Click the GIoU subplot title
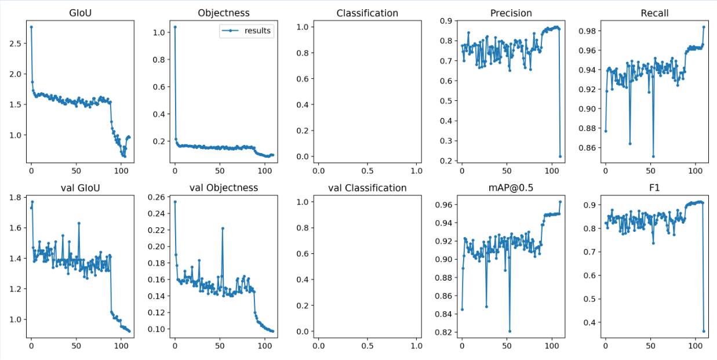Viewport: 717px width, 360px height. click(x=80, y=13)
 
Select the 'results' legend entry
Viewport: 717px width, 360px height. click(x=257, y=31)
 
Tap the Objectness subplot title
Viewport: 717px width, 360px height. click(x=224, y=13)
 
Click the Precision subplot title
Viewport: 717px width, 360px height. click(x=511, y=13)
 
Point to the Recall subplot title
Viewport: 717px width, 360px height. click(x=654, y=13)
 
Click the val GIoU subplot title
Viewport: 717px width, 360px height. click(x=80, y=188)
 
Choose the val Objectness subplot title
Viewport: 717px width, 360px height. click(x=224, y=188)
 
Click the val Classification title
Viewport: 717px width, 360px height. click(x=367, y=188)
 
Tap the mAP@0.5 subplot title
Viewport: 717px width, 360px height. click(x=511, y=188)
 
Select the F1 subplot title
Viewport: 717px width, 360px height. click(x=654, y=188)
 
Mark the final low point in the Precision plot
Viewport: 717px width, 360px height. click(x=560, y=156)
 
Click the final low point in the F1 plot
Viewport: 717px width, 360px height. click(x=704, y=331)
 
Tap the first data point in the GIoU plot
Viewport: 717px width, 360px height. click(x=31, y=27)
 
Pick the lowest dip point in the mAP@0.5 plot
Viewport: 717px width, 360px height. click(x=509, y=331)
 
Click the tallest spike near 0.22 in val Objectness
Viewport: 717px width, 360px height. click(x=223, y=228)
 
